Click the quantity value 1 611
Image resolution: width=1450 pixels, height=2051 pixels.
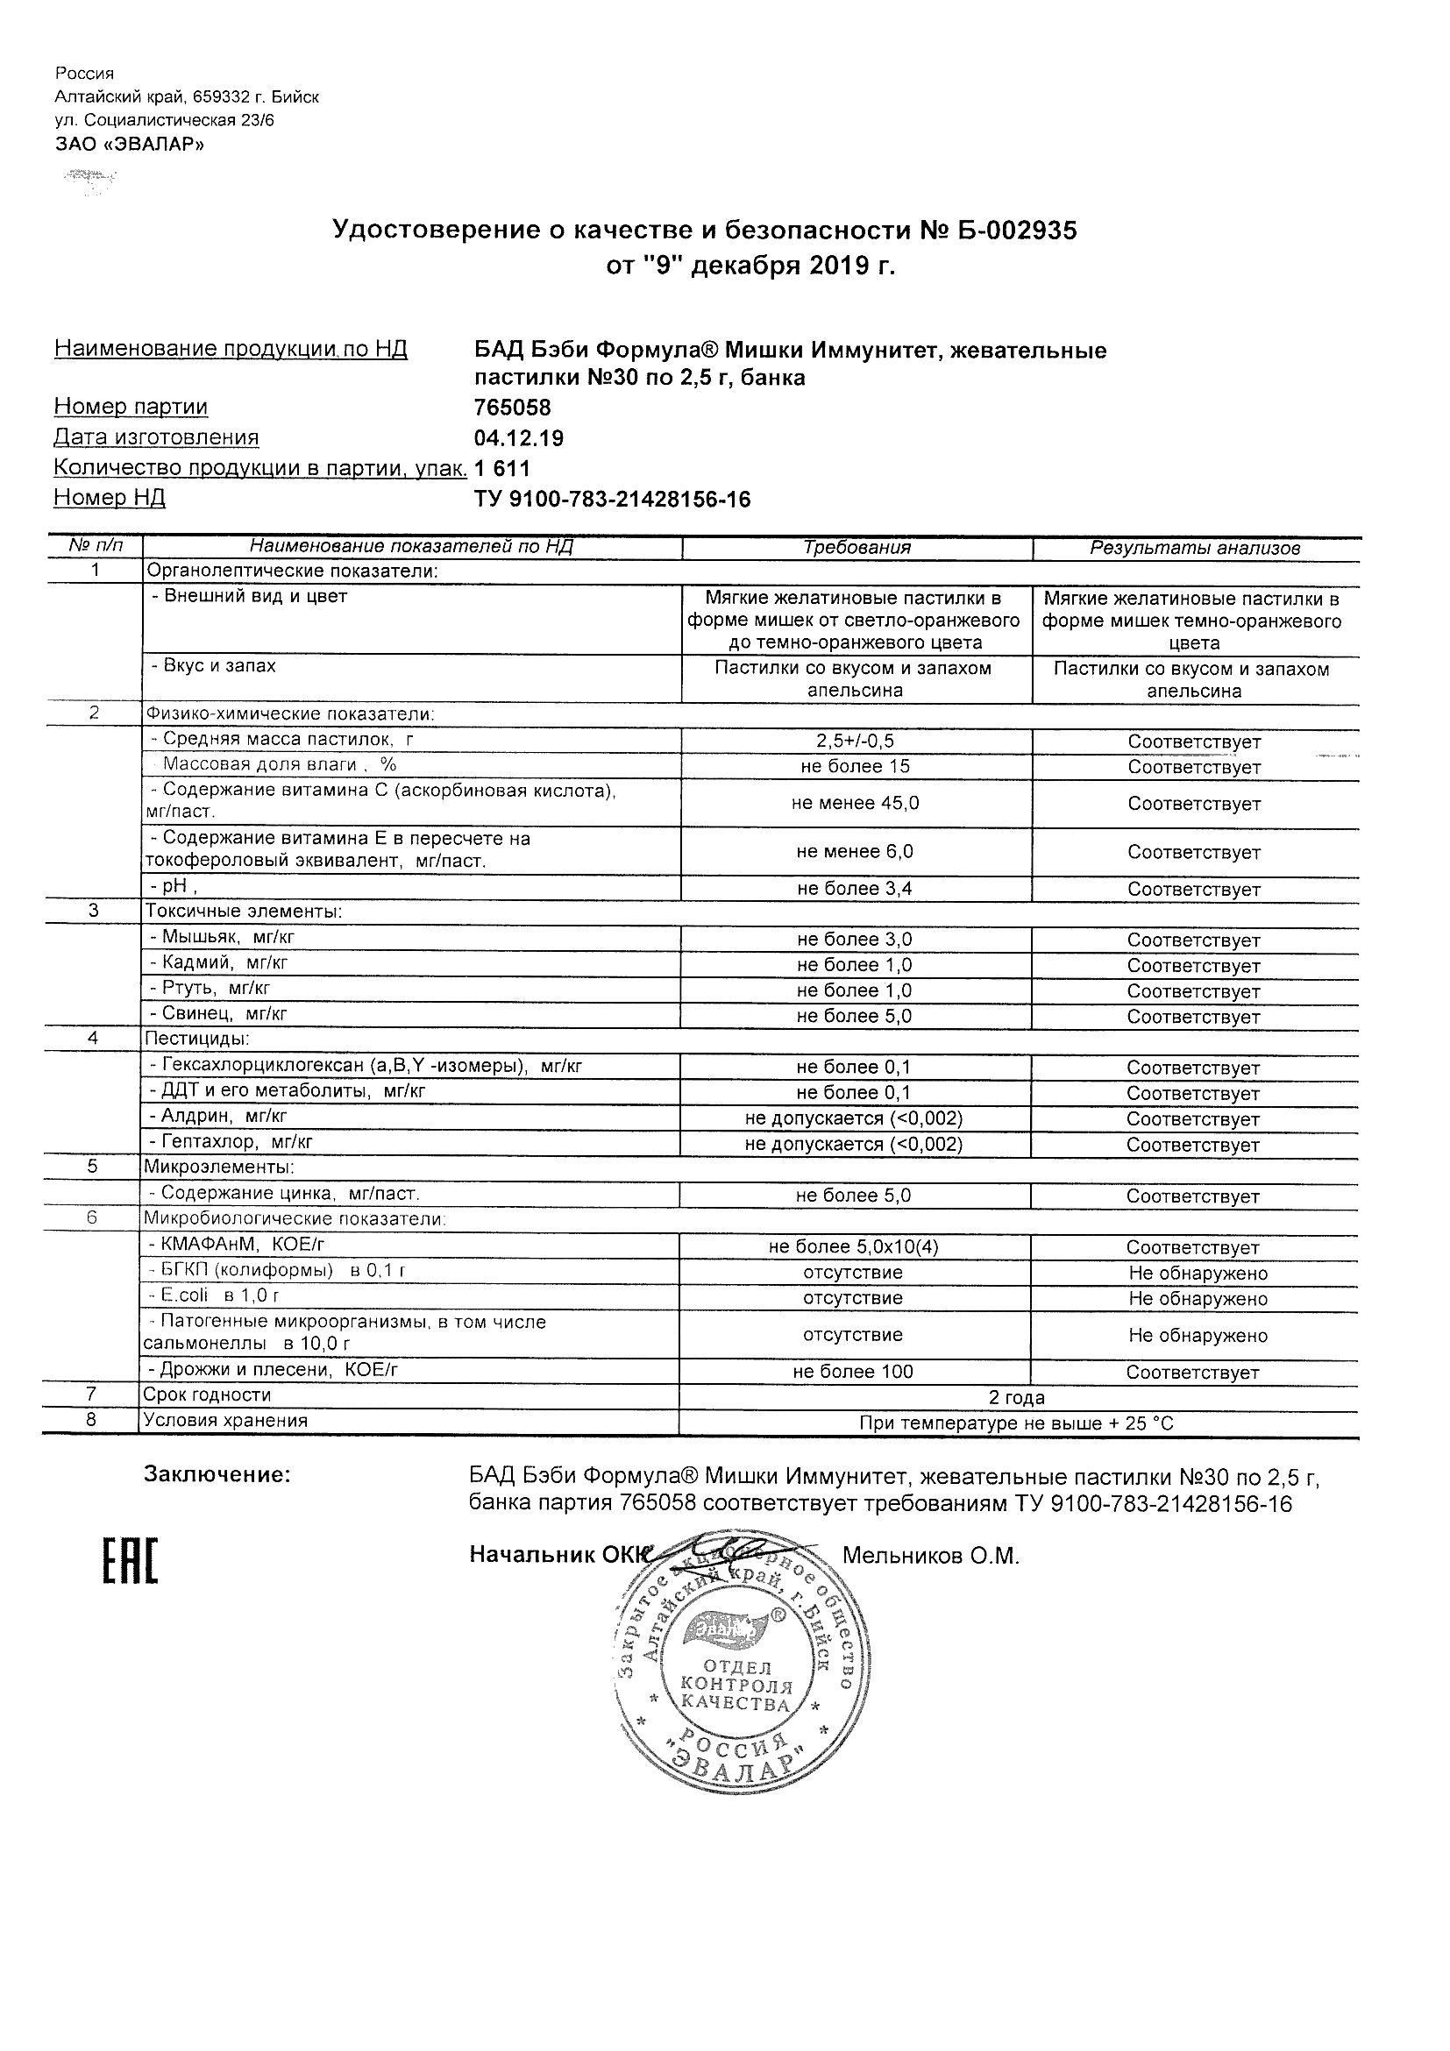(x=502, y=468)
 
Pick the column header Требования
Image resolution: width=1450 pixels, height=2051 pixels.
(x=856, y=548)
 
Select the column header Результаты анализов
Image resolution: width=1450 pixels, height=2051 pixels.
(x=1195, y=549)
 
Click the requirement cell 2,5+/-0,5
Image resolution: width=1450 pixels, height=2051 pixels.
(x=855, y=742)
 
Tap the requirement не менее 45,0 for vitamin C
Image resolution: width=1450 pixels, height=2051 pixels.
(x=855, y=803)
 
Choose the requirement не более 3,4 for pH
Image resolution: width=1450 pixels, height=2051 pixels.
(x=855, y=889)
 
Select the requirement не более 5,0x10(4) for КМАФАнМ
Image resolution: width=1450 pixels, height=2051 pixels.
(x=853, y=1247)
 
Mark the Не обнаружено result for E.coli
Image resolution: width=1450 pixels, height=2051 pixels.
(x=1198, y=1299)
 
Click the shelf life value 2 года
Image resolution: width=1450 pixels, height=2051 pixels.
(x=1017, y=1398)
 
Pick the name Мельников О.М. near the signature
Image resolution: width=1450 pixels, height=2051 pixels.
(x=930, y=1556)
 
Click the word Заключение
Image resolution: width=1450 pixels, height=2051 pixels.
(x=217, y=1475)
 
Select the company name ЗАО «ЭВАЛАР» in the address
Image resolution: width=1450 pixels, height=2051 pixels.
(x=130, y=145)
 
